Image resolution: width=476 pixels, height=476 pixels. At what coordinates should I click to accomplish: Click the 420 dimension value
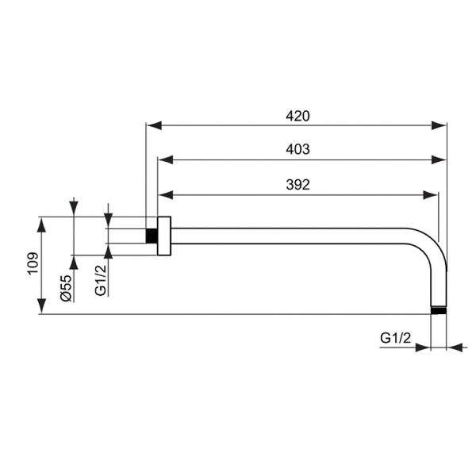(297, 116)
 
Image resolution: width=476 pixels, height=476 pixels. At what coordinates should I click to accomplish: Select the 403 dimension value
(297, 149)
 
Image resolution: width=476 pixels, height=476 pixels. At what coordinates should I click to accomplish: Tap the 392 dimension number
(297, 184)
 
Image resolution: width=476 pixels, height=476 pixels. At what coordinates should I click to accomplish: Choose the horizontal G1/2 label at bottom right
(395, 338)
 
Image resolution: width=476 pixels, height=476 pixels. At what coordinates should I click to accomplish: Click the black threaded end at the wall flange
(152, 236)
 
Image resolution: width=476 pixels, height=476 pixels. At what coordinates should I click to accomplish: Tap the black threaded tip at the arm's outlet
(439, 310)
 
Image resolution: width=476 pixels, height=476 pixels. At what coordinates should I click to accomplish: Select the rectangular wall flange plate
(164, 236)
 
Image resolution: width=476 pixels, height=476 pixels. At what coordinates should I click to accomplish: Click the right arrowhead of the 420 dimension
(440, 125)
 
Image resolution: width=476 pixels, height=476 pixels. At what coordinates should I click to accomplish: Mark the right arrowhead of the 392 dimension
(432, 194)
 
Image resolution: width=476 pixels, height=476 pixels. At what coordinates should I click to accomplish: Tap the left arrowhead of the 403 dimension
(165, 159)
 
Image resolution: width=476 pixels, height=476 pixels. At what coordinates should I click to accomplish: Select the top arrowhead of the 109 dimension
(42, 222)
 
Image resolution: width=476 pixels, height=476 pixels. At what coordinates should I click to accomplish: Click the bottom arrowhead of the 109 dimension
(42, 308)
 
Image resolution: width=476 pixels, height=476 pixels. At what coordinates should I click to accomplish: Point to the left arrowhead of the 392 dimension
(165, 194)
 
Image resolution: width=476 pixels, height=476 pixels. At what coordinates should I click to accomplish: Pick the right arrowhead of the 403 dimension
(440, 159)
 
